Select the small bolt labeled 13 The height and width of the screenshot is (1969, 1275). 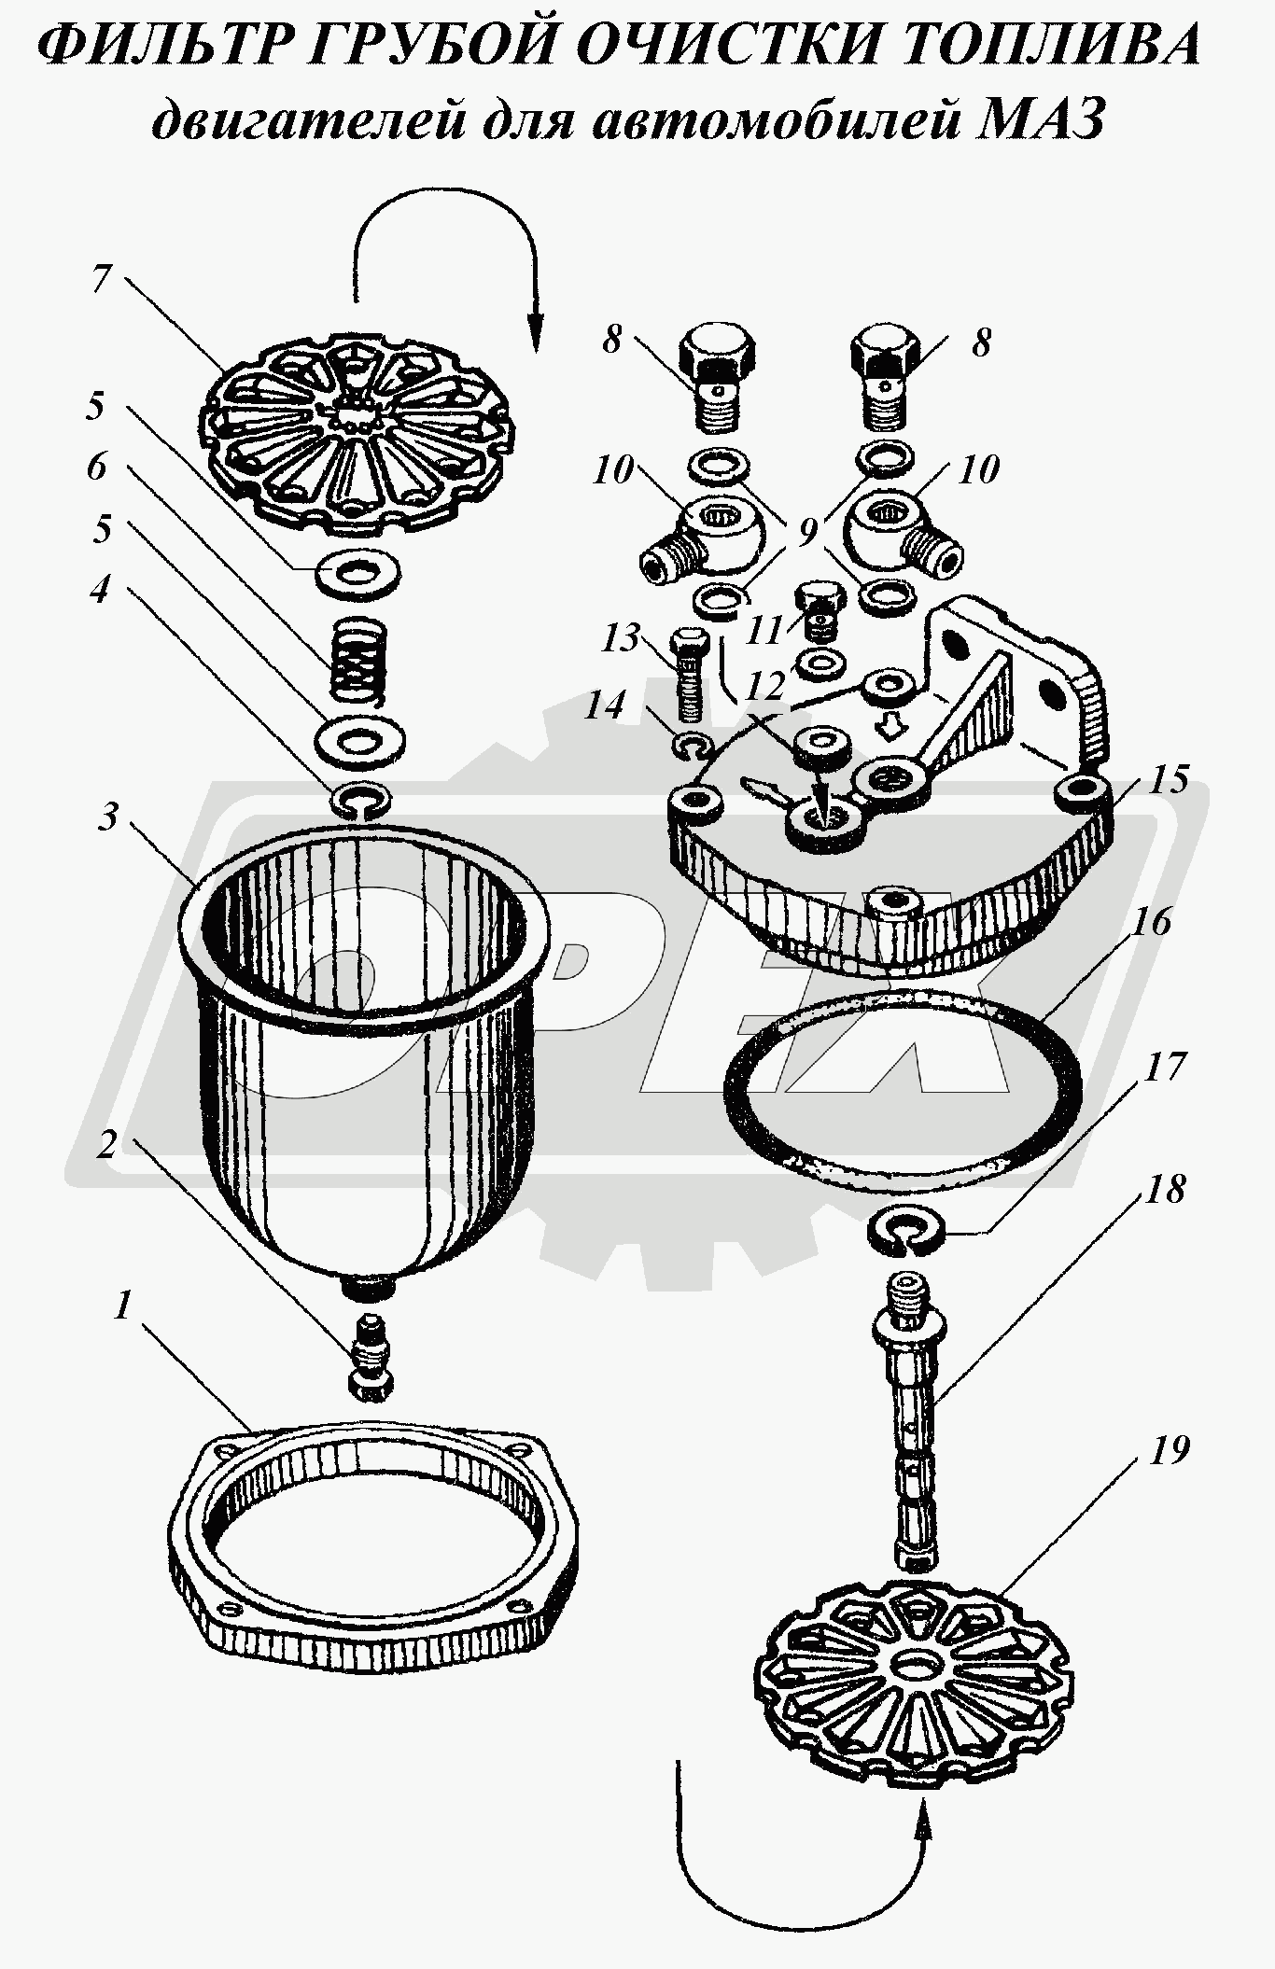point(687,675)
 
